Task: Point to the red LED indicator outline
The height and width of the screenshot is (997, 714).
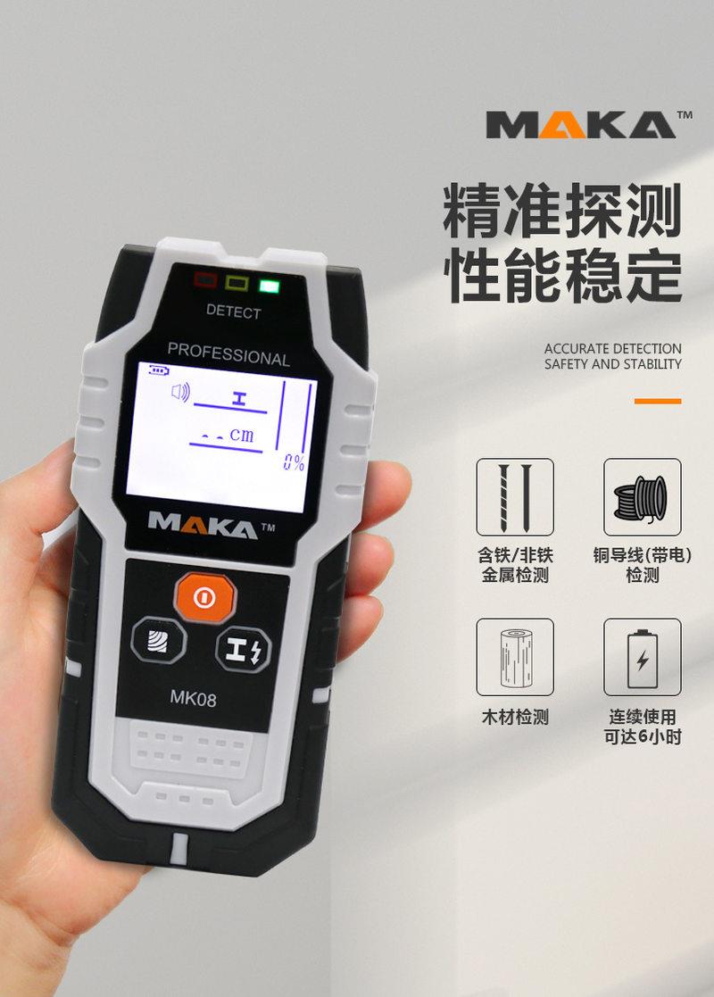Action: [x=206, y=280]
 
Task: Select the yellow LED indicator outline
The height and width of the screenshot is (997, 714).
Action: [x=237, y=284]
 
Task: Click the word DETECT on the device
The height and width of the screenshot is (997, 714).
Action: [x=234, y=312]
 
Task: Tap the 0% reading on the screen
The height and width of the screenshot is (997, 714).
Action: [x=294, y=462]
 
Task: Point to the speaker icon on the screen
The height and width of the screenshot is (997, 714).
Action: [x=180, y=391]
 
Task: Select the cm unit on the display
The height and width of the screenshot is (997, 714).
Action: [x=241, y=436]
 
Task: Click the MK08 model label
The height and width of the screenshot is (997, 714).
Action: [x=193, y=699]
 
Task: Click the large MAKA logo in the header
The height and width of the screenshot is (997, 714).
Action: [x=580, y=125]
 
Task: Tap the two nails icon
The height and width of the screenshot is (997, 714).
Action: [x=515, y=497]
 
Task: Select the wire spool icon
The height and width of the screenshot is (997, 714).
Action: [x=642, y=497]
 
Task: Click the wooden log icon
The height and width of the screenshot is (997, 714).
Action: [x=515, y=657]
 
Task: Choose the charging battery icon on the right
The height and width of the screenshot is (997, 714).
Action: [x=642, y=657]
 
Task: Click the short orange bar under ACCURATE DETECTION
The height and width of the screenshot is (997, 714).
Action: [x=658, y=402]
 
